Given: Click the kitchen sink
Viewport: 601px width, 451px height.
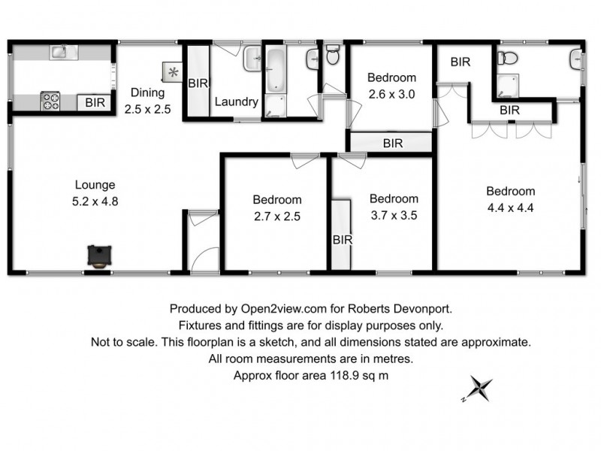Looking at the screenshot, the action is [64, 52].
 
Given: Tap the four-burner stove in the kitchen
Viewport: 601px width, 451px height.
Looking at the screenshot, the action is [50, 101].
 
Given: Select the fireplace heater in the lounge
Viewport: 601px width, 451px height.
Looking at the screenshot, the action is [100, 256].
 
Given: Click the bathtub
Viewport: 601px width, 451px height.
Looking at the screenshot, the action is [276, 70].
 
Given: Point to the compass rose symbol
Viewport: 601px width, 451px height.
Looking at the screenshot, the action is [479, 389].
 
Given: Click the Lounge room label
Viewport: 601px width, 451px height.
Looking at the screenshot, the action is [95, 185].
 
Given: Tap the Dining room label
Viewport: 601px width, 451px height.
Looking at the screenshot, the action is [147, 92].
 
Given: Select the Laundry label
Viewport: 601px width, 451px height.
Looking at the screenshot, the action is [236, 101].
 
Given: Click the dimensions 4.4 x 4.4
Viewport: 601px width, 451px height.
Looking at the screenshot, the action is [511, 208].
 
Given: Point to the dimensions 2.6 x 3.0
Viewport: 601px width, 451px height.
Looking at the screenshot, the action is [391, 95].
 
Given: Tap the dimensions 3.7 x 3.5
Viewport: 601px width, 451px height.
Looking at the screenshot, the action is [394, 215].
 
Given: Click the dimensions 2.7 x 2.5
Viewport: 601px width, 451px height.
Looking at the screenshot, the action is [277, 216].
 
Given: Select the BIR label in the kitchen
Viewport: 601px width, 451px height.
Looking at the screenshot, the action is [95, 103].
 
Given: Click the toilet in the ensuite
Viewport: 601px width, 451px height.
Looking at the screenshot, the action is [508, 59].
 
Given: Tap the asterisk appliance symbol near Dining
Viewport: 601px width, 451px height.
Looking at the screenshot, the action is [174, 71].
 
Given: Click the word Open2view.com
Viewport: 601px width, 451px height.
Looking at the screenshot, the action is [284, 309].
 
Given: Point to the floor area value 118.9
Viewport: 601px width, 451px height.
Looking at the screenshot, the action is [345, 375].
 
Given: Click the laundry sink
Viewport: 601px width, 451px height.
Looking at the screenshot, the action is [252, 59].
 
